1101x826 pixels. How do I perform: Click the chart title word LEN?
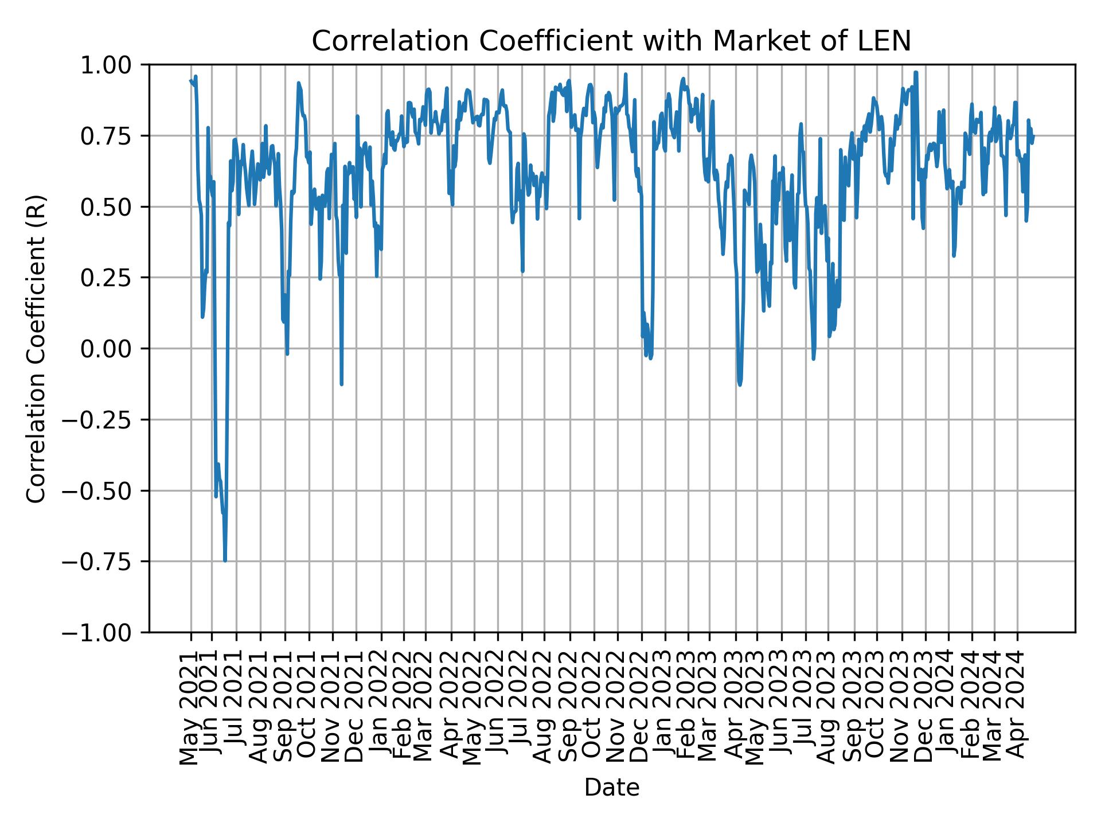(x=888, y=42)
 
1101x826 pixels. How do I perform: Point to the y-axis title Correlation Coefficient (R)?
(x=36, y=348)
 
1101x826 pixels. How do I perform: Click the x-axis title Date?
(x=611, y=788)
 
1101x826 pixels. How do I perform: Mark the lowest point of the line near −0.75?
(x=225, y=560)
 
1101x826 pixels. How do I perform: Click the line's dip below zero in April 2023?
(x=740, y=384)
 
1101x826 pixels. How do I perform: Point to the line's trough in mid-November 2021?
(x=341, y=384)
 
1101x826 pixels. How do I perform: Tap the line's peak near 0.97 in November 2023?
(x=916, y=72)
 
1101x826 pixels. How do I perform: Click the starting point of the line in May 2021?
(x=190, y=81)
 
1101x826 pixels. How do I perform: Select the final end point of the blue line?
(x=1033, y=136)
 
